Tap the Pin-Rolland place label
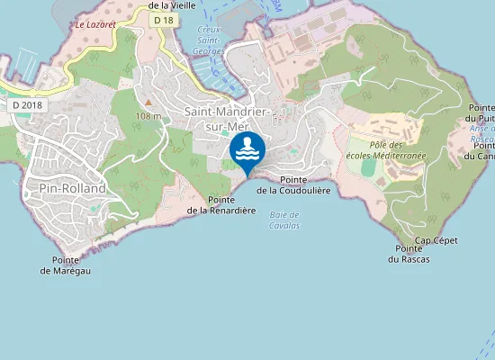pos(73,188)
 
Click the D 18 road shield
pos(163,20)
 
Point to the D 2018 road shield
pos(27,105)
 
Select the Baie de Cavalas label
pos(284,220)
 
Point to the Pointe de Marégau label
pos(71,265)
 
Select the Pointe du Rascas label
pos(409,254)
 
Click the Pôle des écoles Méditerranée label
pos(386,149)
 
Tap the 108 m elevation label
pos(148,115)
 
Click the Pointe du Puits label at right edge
pos(480,113)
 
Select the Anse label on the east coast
pos(481,129)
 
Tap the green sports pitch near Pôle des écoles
pos(369,167)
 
